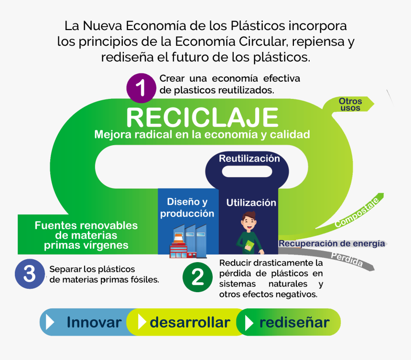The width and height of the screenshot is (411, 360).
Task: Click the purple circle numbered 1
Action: coord(141,88)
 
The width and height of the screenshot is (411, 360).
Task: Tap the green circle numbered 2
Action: coord(197,277)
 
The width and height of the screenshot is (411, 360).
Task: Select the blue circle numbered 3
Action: coord(30,275)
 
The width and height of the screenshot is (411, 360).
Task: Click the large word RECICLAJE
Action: coord(202,117)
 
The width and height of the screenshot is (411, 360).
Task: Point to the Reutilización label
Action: coord(249,159)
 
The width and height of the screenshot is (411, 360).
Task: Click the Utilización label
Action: coord(251,202)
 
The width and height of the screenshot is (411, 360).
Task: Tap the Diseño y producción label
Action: coord(187,208)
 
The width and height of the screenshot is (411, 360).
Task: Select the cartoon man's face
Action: coord(249,222)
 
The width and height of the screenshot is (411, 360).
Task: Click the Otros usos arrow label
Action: coord(350,105)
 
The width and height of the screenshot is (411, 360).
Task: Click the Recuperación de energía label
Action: coord(332,244)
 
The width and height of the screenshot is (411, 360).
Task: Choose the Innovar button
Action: coord(94,322)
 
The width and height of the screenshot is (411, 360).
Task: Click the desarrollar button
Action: coord(189,322)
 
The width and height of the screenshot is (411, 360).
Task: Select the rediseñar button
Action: coord(294,322)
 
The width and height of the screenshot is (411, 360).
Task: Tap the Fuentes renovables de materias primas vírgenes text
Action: coord(86,235)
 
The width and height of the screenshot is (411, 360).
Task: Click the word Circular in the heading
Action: coord(261,42)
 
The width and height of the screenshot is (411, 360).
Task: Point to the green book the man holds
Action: coord(249,246)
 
